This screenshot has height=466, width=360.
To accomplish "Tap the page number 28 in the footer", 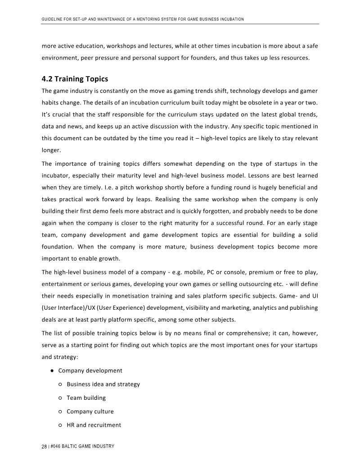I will (x=44, y=447).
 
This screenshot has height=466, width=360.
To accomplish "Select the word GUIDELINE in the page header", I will (x=52, y=19).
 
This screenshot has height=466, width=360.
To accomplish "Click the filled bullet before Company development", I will (x=53, y=371).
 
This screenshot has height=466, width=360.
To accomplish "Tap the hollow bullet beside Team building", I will (x=60, y=398).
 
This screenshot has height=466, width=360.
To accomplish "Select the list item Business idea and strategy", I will (x=103, y=384).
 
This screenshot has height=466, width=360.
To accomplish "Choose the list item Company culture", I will (x=90, y=412).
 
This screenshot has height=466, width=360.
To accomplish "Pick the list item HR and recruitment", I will (x=94, y=425).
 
